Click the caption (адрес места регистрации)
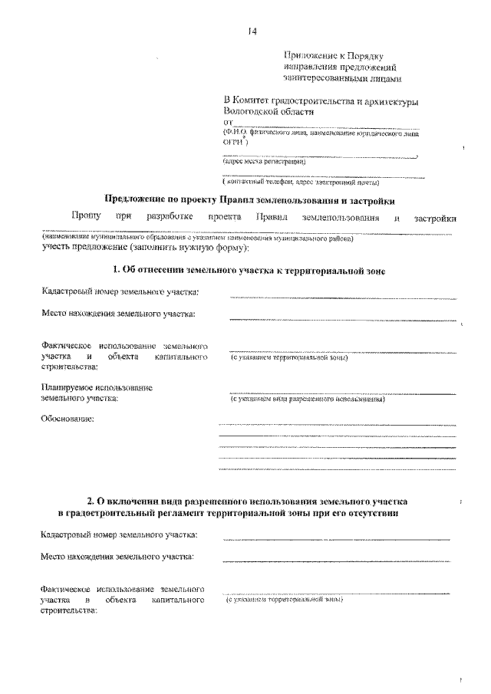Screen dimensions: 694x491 pos(264,162)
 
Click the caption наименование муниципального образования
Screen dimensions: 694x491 pos(197,238)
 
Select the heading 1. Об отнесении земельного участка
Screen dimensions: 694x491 pos(248,271)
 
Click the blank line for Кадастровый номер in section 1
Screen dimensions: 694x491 pos(342,297)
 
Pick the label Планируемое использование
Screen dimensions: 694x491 pos(97,388)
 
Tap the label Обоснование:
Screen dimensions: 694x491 pos(68,419)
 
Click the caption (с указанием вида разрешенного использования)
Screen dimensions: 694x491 pos(307,400)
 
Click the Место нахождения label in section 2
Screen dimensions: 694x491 pos(117,556)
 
